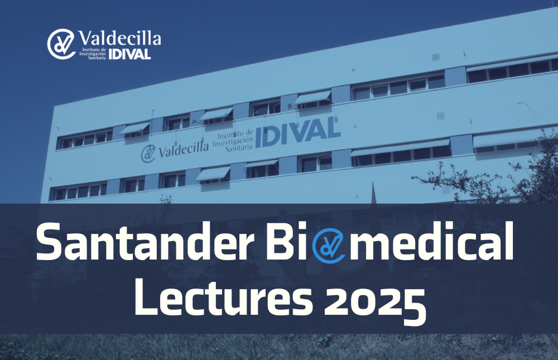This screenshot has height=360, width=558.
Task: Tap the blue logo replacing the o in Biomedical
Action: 329,246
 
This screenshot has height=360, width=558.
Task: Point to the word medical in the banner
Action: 432,241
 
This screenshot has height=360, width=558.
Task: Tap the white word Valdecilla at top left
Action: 119,38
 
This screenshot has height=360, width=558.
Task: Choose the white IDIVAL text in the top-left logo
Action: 129,54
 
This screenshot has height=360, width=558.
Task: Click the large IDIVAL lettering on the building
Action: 297,132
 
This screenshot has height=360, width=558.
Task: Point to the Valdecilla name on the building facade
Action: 183,149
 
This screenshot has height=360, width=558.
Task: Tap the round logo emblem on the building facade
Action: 148,153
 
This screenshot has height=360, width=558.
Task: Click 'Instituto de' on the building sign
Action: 235,135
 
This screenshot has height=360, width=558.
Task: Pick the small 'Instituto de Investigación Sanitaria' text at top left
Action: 93,54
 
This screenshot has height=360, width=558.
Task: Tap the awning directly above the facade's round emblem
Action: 134,128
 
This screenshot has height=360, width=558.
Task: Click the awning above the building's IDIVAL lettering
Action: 313,97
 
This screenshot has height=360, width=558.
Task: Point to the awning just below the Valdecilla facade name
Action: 214,174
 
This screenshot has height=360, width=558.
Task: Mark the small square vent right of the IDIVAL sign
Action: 355,126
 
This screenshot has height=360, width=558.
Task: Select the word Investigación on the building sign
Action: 233,142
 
